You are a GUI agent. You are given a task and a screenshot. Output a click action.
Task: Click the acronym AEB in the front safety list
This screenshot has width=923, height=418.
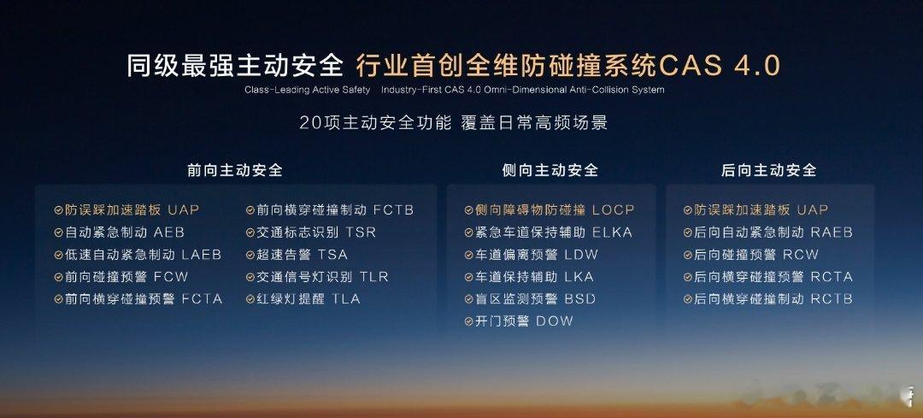tap(169, 233)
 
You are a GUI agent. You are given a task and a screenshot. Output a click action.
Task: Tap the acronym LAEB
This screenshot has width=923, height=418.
tap(202, 255)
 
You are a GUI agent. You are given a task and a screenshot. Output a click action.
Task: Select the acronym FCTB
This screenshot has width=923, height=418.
tap(393, 210)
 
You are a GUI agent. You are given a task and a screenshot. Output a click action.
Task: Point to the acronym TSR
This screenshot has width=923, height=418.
tap(361, 233)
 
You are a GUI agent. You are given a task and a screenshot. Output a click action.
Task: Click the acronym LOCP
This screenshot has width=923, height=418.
tap(614, 210)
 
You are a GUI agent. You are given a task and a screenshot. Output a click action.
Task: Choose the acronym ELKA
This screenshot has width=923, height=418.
tap(612, 233)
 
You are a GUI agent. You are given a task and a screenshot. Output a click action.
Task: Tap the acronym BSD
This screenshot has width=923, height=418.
tap(579, 299)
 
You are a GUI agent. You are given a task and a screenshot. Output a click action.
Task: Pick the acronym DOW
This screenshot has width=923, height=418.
tap(555, 321)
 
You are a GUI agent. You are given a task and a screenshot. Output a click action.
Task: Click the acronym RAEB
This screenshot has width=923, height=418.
tap(832, 233)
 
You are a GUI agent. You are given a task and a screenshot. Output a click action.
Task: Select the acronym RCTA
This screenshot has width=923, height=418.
tap(832, 277)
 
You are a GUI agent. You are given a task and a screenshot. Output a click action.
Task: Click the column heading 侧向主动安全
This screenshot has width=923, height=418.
tap(550, 171)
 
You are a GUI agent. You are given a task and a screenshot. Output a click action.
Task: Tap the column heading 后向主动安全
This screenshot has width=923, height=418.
tap(769, 171)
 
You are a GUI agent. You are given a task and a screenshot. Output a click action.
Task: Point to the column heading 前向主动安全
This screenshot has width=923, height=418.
tap(235, 171)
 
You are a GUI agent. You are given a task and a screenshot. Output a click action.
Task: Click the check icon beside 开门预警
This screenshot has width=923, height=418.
tap(468, 321)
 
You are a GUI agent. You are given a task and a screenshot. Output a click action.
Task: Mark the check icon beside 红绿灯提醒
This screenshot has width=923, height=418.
tap(250, 299)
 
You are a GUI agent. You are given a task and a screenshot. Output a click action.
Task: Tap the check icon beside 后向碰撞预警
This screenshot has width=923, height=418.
tap(687, 255)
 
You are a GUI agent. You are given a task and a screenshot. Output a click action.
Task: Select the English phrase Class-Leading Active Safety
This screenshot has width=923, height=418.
tap(308, 90)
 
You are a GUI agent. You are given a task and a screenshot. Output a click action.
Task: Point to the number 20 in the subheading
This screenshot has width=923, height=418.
tap(309, 123)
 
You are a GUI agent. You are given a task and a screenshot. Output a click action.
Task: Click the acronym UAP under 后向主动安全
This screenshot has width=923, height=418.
tap(813, 210)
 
